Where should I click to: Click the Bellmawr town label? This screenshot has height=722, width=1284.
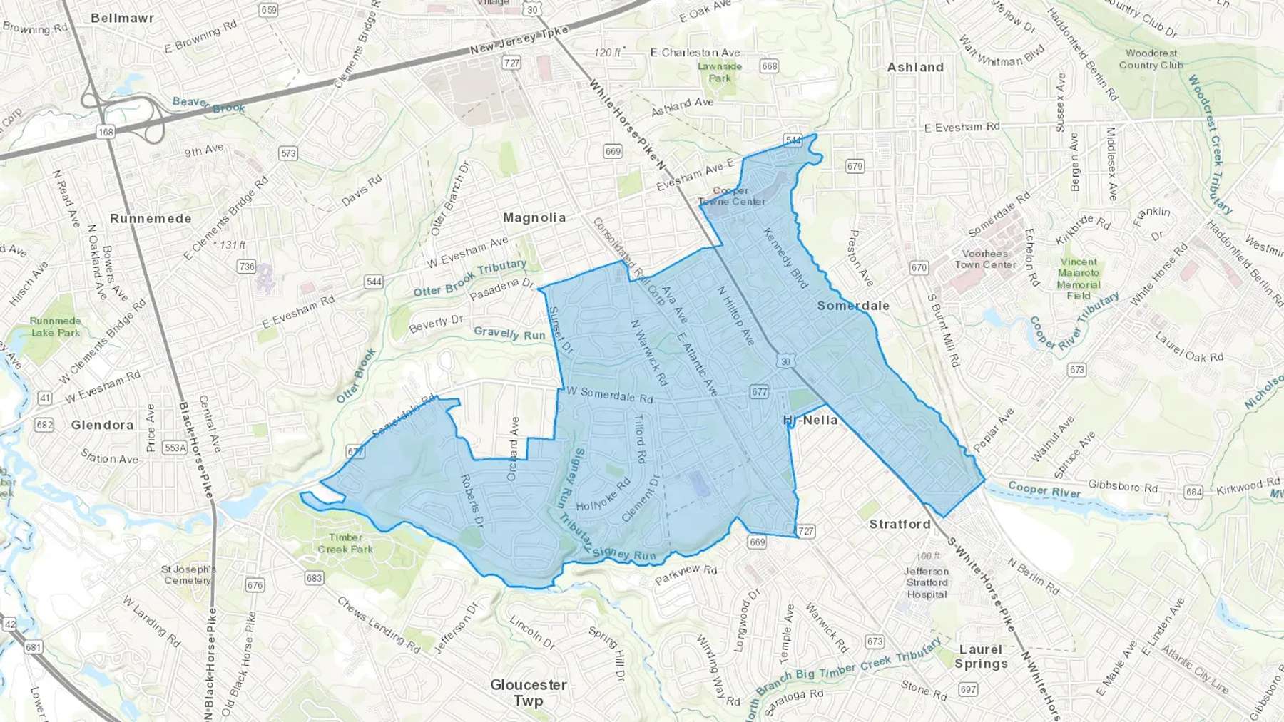(122, 18)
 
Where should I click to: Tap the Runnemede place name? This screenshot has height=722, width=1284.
(151, 218)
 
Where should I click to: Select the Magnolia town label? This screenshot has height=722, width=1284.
(534, 217)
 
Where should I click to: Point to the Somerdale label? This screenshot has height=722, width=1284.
(853, 306)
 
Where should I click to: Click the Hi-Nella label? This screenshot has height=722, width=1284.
(810, 420)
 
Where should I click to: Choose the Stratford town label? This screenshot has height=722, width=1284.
(900, 524)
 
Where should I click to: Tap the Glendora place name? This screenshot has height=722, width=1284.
(102, 425)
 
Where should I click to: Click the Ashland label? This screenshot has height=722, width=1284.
(915, 67)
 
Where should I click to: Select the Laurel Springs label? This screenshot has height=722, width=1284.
(981, 656)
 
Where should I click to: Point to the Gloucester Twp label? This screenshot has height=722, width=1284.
(529, 692)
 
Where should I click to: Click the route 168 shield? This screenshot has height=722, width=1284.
(106, 132)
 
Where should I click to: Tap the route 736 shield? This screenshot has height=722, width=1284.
(246, 266)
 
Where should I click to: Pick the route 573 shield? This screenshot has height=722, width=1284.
(288, 153)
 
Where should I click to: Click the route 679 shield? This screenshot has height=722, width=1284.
(855, 166)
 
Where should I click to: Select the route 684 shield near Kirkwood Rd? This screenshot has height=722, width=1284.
(1193, 492)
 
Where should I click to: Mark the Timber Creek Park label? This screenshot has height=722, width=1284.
(345, 543)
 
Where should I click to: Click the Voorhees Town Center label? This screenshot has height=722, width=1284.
(985, 259)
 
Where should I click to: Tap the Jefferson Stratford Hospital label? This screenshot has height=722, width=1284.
(927, 582)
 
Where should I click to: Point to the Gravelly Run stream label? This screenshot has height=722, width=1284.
(509, 333)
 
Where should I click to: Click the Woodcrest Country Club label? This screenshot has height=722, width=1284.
(1151, 59)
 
